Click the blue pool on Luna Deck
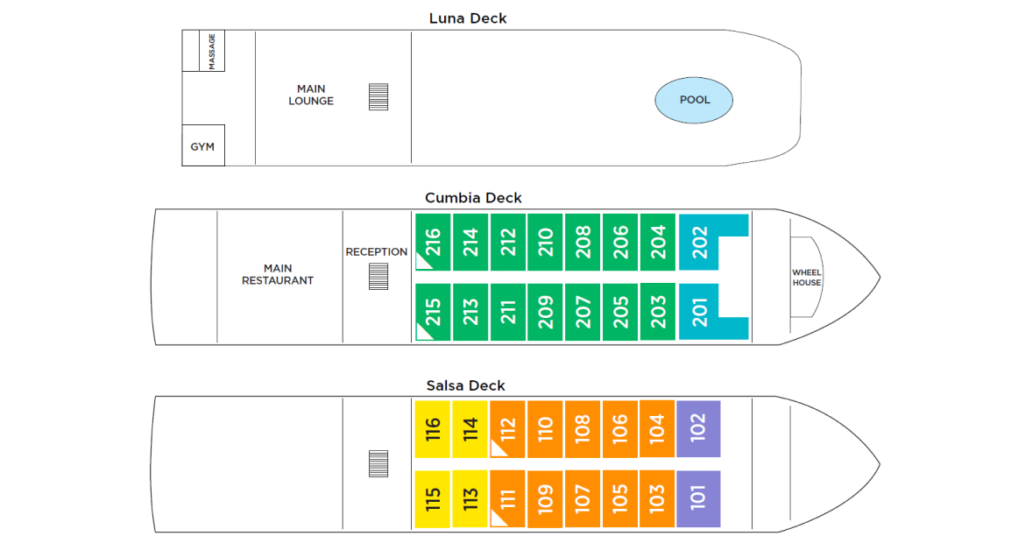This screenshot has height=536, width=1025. (694, 100)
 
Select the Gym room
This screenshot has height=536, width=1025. (202, 146)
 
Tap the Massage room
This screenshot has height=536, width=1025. (211, 51)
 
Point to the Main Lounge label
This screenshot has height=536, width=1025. (311, 95)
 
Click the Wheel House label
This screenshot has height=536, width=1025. (807, 278)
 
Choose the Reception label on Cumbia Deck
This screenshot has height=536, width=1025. (377, 252)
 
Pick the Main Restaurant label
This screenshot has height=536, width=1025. (278, 274)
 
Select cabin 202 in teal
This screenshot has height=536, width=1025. (700, 243)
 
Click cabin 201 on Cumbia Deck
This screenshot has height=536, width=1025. (700, 313)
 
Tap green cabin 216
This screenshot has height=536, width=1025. (433, 242)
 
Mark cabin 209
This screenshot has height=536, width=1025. (546, 313)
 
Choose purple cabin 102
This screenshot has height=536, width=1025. (698, 428)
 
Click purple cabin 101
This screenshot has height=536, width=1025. (698, 499)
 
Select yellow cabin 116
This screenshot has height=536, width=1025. (433, 429)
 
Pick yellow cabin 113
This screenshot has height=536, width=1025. (470, 499)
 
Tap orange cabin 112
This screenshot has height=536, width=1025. (508, 429)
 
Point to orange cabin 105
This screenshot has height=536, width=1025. (620, 499)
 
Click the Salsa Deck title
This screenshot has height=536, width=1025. (465, 386)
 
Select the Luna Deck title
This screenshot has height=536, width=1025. (468, 18)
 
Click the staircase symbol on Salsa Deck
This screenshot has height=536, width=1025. (378, 463)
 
